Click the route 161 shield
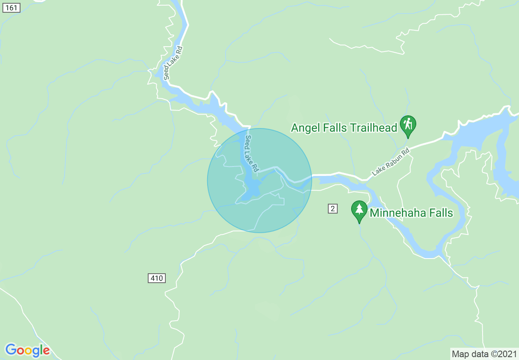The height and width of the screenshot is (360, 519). tap(11, 8)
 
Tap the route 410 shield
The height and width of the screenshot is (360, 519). tap(156, 279)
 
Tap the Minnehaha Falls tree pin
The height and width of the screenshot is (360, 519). tap(359, 209)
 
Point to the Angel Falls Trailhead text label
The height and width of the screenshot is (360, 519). tap(344, 128)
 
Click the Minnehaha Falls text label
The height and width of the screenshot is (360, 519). tap(411, 213)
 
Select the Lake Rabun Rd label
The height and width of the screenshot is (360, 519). tap(390, 162)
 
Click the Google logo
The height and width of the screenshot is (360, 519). tap(27, 350)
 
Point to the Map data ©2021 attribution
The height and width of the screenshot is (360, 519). tap(484, 354)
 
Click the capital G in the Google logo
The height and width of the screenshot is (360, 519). tap(11, 350)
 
